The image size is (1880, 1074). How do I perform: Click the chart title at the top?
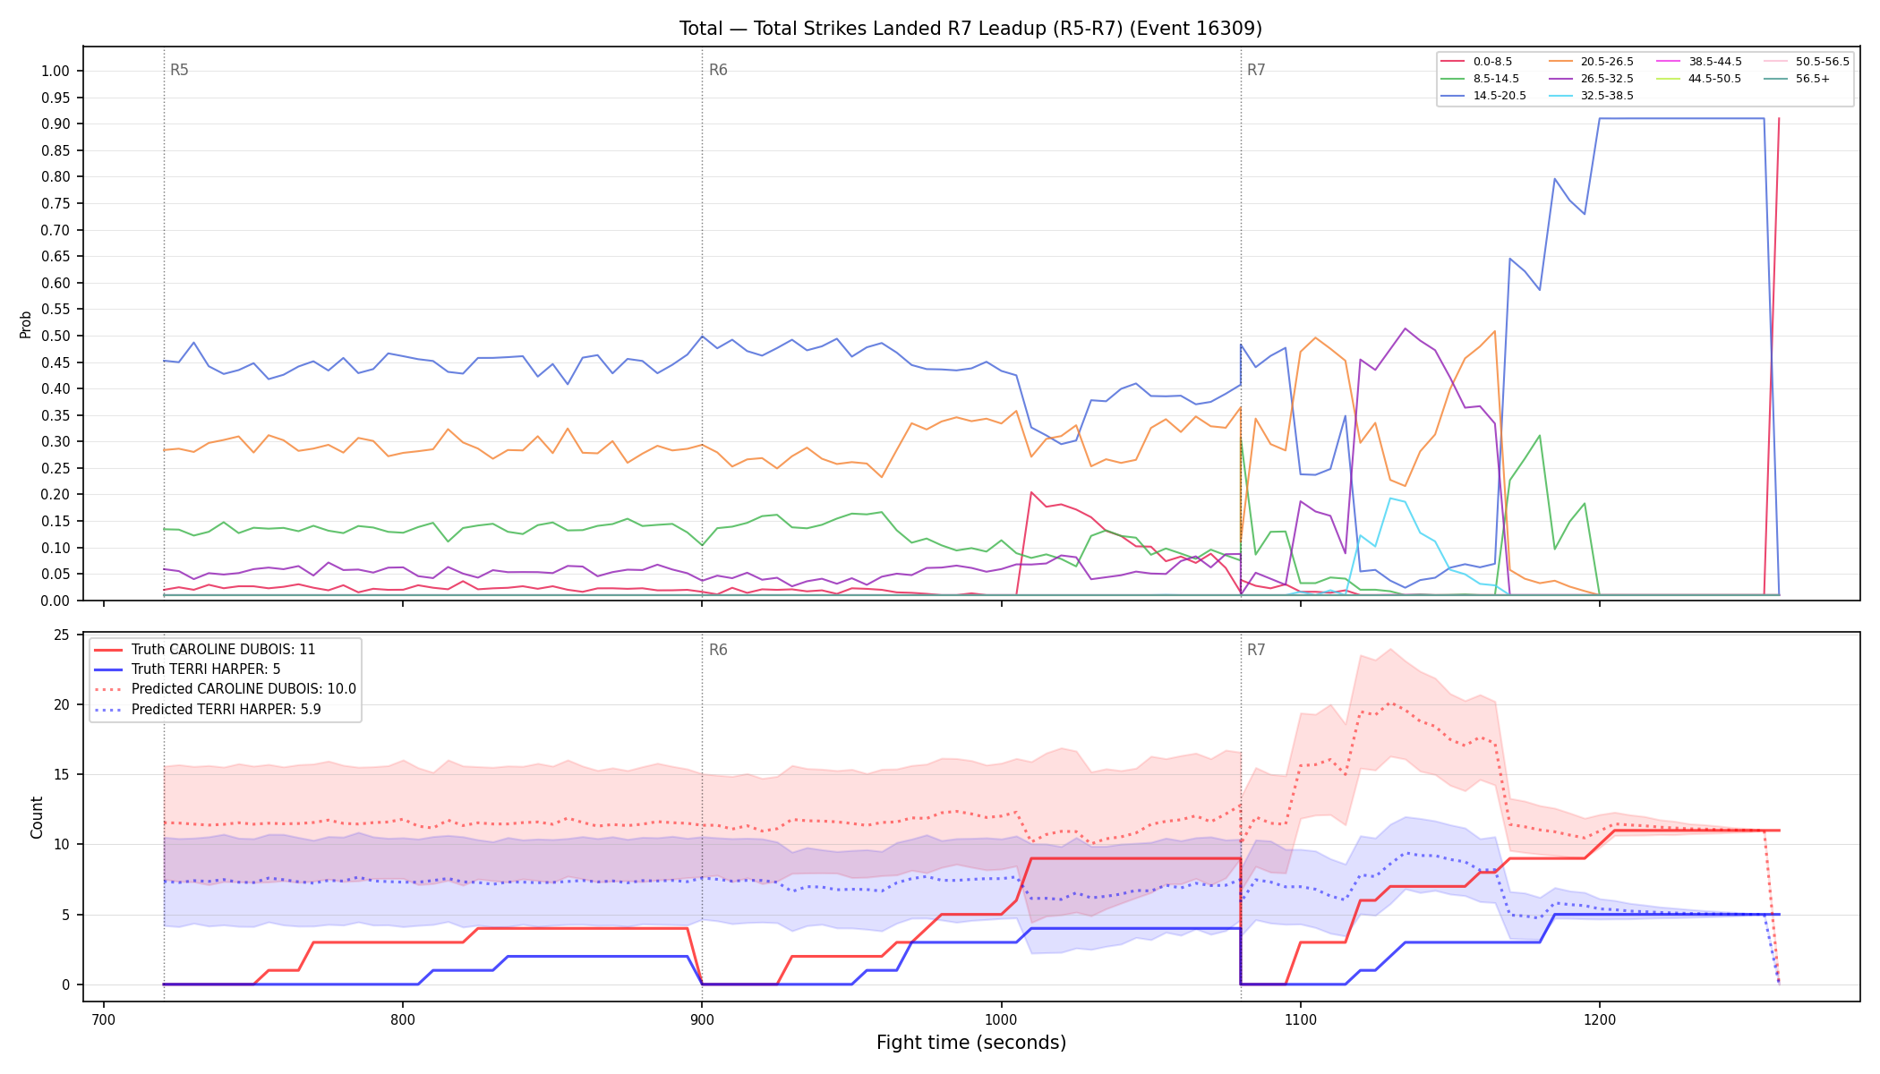tap(970, 29)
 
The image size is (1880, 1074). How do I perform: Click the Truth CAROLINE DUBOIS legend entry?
tap(204, 650)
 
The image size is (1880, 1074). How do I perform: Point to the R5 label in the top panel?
tap(179, 70)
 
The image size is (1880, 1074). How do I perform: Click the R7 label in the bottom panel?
tap(1256, 650)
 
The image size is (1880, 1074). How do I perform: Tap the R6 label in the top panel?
tap(718, 70)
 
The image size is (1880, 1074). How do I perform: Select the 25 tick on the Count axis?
tap(62, 635)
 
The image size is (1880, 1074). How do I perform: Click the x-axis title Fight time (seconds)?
tap(971, 1043)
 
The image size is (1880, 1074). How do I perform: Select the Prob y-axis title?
tap(26, 324)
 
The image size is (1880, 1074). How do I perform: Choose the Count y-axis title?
tap(37, 817)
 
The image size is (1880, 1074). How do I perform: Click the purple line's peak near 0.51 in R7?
tap(1405, 328)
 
